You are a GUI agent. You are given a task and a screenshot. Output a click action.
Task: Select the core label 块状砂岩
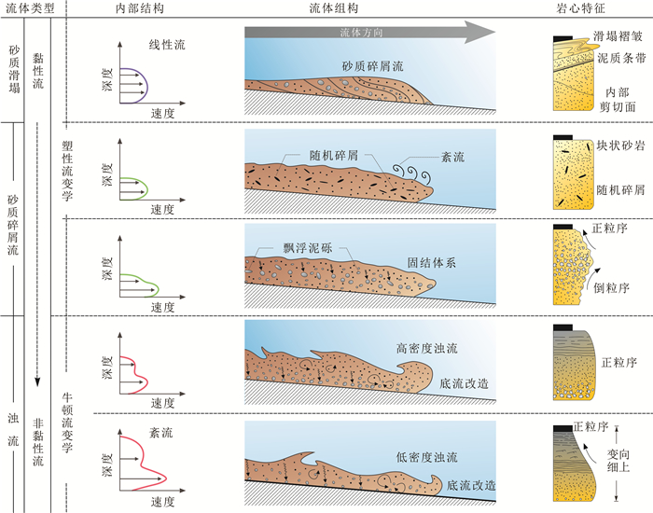coord(619,146)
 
